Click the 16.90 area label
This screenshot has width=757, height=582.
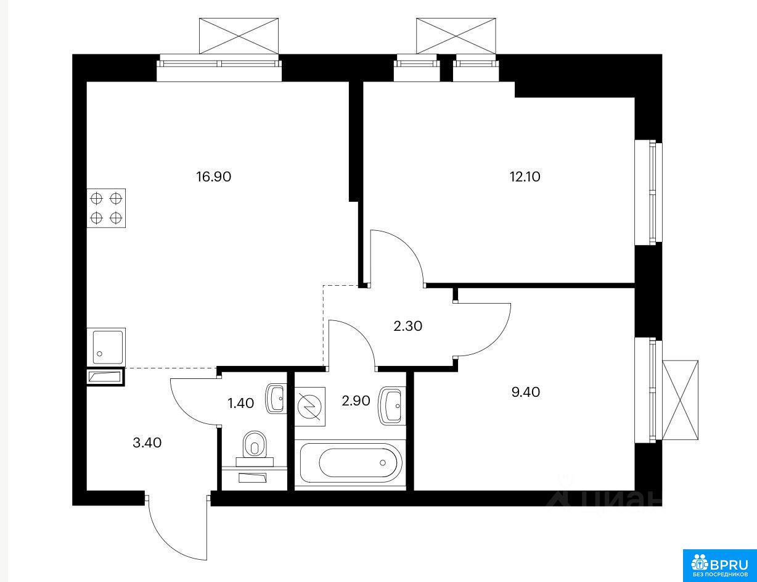tap(213, 177)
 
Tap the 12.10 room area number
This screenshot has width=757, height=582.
tap(525, 177)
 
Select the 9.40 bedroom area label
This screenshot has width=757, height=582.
tap(526, 392)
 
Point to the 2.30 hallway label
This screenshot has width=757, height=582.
tap(407, 326)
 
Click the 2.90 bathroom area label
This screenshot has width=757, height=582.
tap(356, 401)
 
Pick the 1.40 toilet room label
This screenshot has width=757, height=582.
tap(240, 403)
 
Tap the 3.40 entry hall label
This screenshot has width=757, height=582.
tap(147, 443)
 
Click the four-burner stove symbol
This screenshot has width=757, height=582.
tap(106, 208)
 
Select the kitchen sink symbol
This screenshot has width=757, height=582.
tap(106, 347)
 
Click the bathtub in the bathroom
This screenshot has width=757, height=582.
tap(351, 463)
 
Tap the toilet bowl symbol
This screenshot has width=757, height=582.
tap(255, 449)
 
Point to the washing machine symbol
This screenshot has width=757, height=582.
tap(310, 407)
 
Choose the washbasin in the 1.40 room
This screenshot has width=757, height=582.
tap(276, 399)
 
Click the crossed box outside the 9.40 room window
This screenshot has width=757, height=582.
tap(680, 400)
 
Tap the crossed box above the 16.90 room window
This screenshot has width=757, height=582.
tap(239, 36)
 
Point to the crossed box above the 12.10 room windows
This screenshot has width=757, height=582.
tap(456, 36)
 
